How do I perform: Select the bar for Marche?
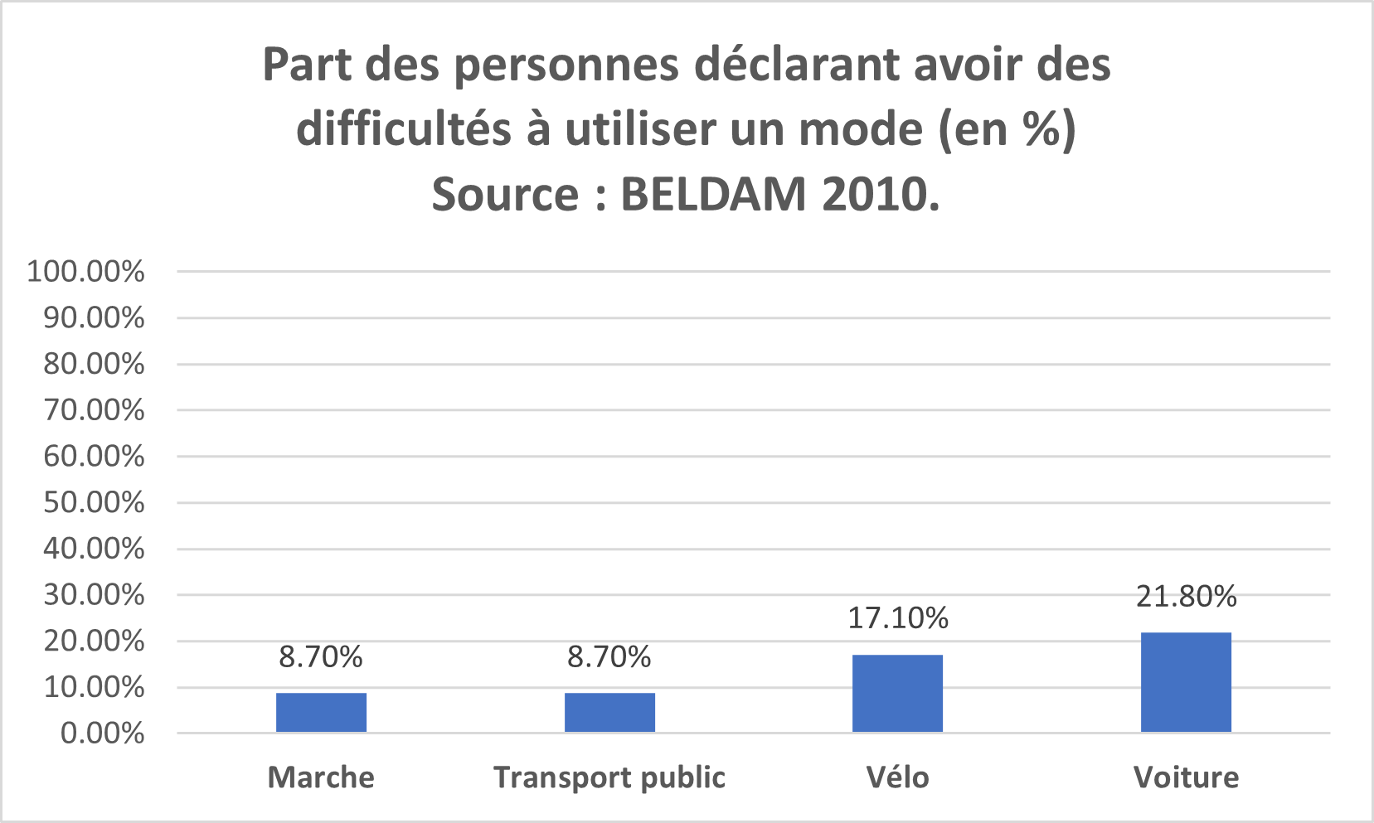click(321, 713)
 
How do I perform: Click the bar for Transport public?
click(609, 713)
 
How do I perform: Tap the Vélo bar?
click(897, 694)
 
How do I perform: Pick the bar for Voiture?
click(1186, 682)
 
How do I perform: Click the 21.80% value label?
click(1186, 597)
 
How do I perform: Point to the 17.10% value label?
click(897, 618)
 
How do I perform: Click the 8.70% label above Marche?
click(321, 657)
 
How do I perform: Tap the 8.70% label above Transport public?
click(609, 657)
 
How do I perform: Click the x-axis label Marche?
click(321, 777)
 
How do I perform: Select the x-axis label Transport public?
click(609, 777)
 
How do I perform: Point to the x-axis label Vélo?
click(897, 777)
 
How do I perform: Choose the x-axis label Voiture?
click(1186, 777)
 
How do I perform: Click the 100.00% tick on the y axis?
click(86, 272)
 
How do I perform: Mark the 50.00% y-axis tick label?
click(94, 502)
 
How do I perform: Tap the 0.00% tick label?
click(102, 733)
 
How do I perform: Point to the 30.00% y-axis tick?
click(94, 595)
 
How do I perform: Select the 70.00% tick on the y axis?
click(94, 410)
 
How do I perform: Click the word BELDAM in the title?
click(713, 195)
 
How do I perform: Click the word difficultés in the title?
click(405, 129)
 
